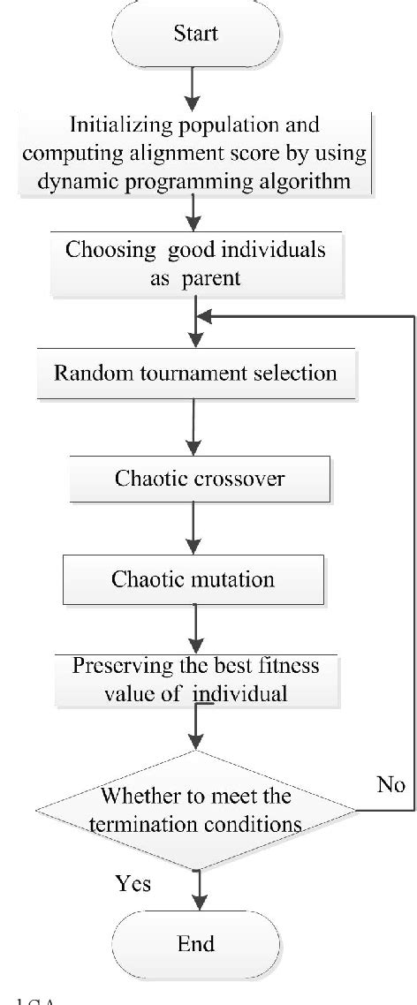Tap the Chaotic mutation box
tap(193, 579)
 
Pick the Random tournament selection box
tap(194, 372)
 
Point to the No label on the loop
tap(390, 786)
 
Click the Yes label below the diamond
tap(134, 883)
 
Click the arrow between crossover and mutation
tap(194, 530)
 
